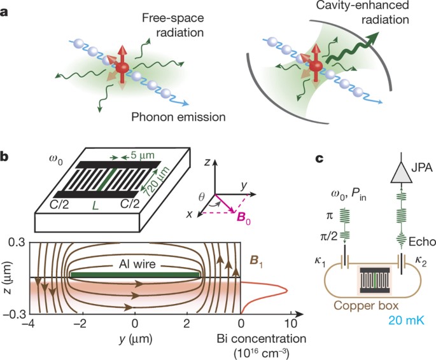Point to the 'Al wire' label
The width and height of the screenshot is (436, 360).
(x=136, y=265)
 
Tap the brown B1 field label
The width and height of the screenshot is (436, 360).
(x=255, y=258)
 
